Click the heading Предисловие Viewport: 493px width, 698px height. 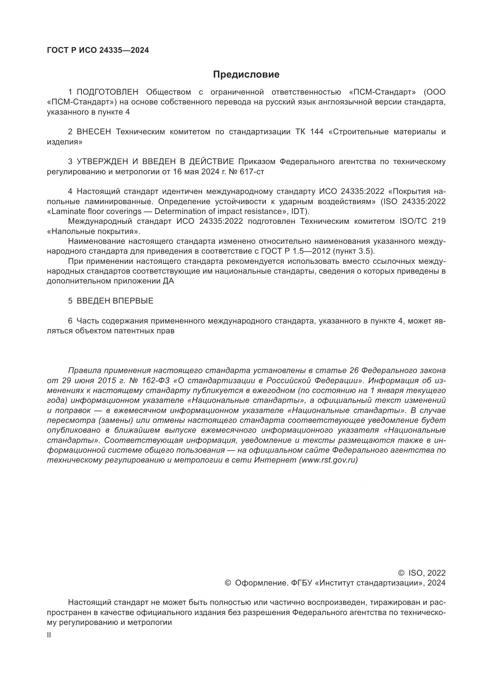(x=246, y=75)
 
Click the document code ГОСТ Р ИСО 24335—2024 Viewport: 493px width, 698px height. (x=98, y=50)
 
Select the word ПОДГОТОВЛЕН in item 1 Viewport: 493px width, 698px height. (x=108, y=92)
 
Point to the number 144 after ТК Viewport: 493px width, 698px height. (x=317, y=132)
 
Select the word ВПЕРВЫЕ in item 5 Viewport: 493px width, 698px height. (x=133, y=301)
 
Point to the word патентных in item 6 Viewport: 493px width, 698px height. (x=136, y=331)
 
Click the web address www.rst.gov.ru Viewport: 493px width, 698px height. (x=328, y=460)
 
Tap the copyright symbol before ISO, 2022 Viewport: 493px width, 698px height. (x=401, y=573)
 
